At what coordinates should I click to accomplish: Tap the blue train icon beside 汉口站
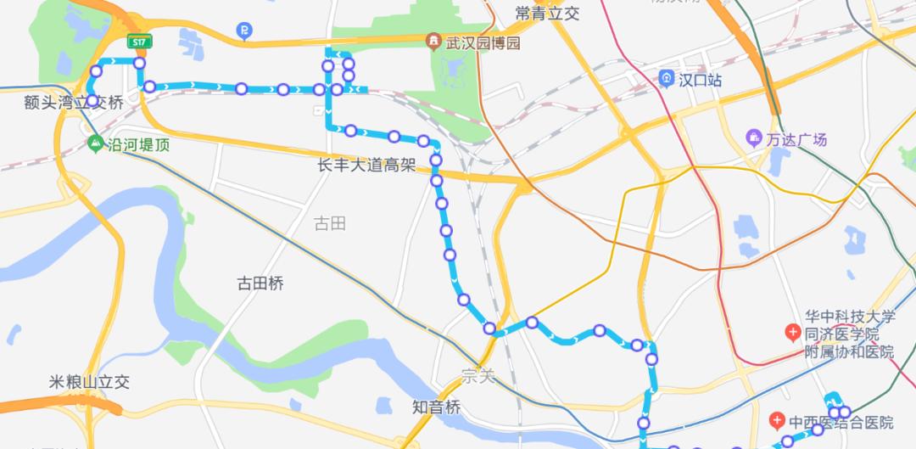pyautogui.click(x=667, y=79)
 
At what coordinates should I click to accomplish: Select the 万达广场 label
pyautogui.click(x=796, y=139)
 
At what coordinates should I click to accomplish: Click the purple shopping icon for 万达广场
pyautogui.click(x=753, y=138)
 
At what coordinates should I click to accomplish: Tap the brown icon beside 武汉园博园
pyautogui.click(x=434, y=42)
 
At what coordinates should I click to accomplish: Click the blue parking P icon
pyautogui.click(x=244, y=32)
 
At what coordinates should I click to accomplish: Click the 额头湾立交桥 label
pyautogui.click(x=74, y=103)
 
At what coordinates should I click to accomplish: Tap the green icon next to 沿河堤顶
pyautogui.click(x=94, y=143)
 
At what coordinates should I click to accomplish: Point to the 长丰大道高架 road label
pyautogui.click(x=366, y=166)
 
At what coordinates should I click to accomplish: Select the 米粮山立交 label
pyautogui.click(x=89, y=382)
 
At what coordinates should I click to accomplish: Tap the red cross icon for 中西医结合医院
pyautogui.click(x=777, y=421)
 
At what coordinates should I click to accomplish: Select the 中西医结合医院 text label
pyautogui.click(x=841, y=422)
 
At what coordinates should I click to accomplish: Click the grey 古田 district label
pyautogui.click(x=330, y=223)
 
